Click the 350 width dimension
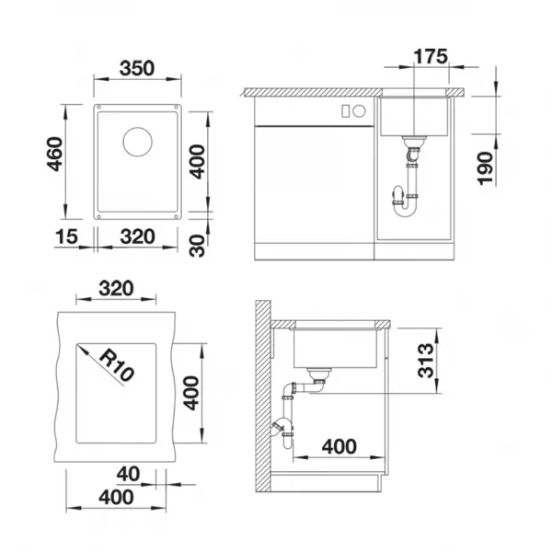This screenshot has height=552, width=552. coord(137,68)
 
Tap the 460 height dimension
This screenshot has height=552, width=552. coord(55,155)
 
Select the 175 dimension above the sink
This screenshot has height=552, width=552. coord(431,56)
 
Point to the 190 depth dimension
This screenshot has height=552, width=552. coord(485,168)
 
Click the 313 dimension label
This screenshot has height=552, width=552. coord(426,360)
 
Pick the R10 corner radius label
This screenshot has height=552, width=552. coord(117,366)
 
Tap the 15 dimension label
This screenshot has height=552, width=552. coord(66,236)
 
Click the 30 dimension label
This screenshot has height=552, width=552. coord(197,246)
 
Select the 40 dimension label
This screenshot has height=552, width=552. coord(128,474)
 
